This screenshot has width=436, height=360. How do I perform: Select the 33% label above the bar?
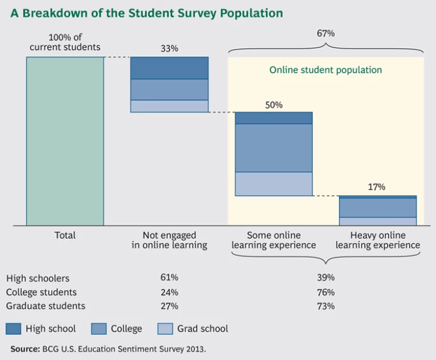(169, 49)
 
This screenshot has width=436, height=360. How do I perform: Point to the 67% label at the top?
(325, 34)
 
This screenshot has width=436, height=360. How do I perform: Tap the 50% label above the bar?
(274, 105)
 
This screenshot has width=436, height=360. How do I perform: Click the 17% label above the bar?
(377, 187)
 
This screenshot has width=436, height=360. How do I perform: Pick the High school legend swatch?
(14, 329)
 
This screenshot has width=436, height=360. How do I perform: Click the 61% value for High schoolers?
(169, 278)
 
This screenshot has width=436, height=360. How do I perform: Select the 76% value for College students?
(325, 292)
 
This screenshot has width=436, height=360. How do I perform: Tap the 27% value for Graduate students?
(169, 306)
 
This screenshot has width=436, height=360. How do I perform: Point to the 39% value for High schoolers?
(325, 278)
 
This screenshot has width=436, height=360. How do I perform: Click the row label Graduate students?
(46, 306)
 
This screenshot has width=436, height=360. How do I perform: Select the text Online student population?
(325, 70)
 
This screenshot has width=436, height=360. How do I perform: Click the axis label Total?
(65, 235)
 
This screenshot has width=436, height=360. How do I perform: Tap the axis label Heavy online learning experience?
(378, 240)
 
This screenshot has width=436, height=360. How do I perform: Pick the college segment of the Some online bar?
(274, 148)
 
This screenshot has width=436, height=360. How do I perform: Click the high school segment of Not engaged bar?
(169, 68)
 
